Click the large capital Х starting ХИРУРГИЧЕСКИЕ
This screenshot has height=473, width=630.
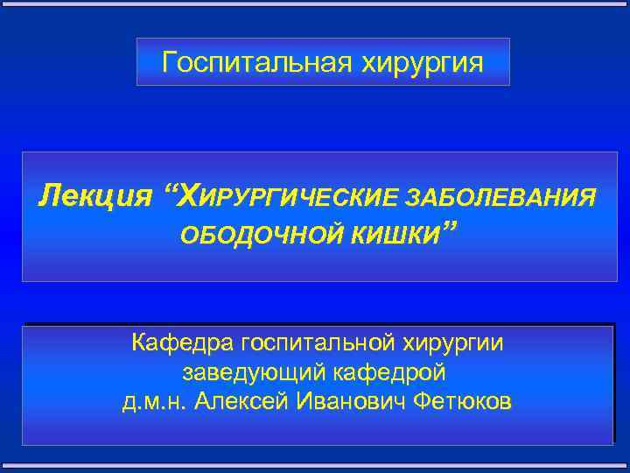click(188, 194)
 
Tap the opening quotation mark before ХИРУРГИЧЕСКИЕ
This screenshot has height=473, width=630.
click(166, 188)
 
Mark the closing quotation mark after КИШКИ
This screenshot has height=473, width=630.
click(450, 229)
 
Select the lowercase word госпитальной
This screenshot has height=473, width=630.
click(324, 342)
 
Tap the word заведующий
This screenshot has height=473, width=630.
click(254, 372)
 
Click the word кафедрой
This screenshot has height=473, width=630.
click(391, 372)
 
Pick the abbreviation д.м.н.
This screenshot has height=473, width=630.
click(155, 402)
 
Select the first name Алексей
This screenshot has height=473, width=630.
click(231, 402)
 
